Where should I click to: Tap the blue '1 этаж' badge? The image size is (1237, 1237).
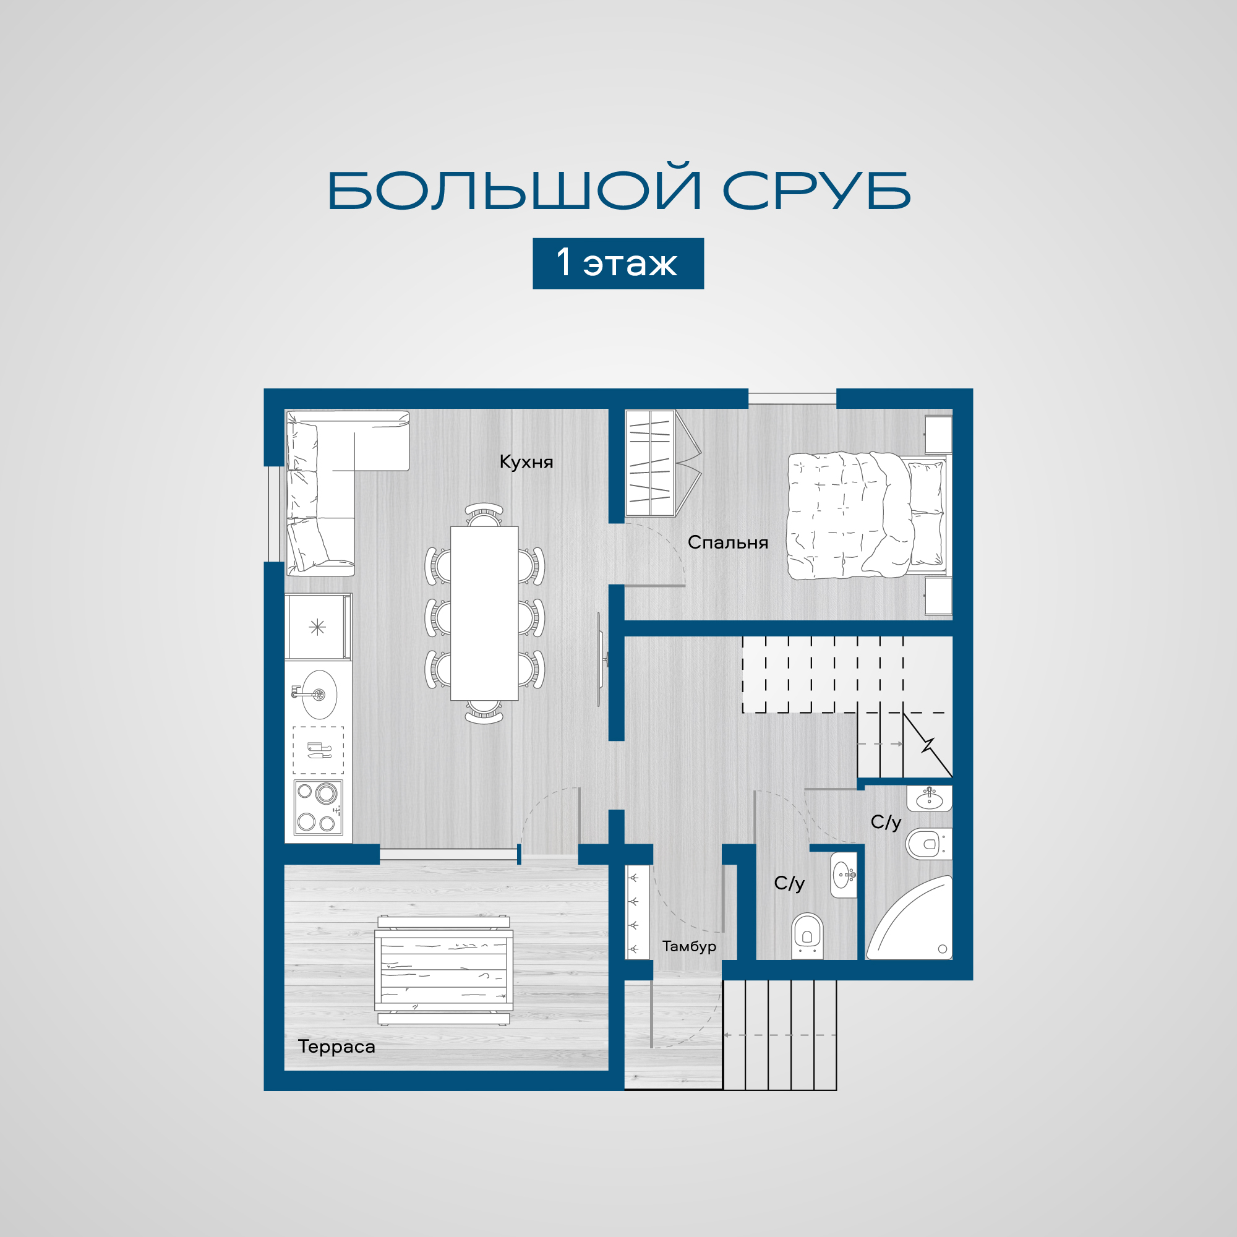click(x=618, y=263)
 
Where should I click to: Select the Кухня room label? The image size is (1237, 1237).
click(x=526, y=462)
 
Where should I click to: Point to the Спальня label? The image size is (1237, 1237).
click(x=727, y=542)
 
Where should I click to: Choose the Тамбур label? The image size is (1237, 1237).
click(x=689, y=946)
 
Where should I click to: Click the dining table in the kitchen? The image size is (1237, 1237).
click(x=484, y=614)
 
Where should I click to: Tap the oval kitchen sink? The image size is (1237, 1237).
click(x=319, y=695)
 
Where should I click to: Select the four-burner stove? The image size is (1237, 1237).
click(x=318, y=807)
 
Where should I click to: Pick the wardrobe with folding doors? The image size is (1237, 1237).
click(x=662, y=463)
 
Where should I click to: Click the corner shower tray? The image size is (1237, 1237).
click(x=909, y=918)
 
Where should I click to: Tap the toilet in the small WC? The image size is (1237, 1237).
click(x=807, y=935)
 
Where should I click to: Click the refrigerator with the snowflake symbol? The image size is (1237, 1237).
click(x=318, y=627)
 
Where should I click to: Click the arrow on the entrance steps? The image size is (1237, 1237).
click(x=779, y=1035)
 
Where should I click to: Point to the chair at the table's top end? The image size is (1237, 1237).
click(x=484, y=514)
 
